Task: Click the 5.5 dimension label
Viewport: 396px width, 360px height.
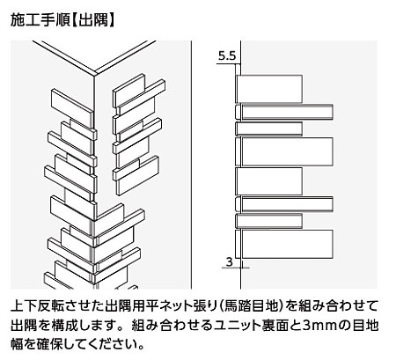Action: coord(227,55)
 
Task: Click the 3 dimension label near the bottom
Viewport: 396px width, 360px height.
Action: coord(230,261)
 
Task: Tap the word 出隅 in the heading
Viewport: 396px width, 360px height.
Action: coord(93,20)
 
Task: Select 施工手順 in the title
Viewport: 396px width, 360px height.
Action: coord(40,20)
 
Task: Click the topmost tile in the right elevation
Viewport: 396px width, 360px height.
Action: coord(269,89)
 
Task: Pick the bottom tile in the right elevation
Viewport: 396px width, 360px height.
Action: coord(284,244)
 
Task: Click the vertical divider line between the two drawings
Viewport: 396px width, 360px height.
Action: coord(192,165)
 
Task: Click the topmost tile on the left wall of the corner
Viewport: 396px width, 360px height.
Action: coord(72,108)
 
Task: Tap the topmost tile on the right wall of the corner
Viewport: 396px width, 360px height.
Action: coord(129,92)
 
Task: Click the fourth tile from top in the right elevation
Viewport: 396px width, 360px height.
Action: coord(284,151)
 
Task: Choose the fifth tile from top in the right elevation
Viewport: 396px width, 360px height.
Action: coord(269,181)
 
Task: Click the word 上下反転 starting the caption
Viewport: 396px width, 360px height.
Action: coord(38,306)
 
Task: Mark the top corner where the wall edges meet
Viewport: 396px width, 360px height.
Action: coord(94,76)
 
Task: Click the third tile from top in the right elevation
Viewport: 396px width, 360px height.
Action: coord(269,129)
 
